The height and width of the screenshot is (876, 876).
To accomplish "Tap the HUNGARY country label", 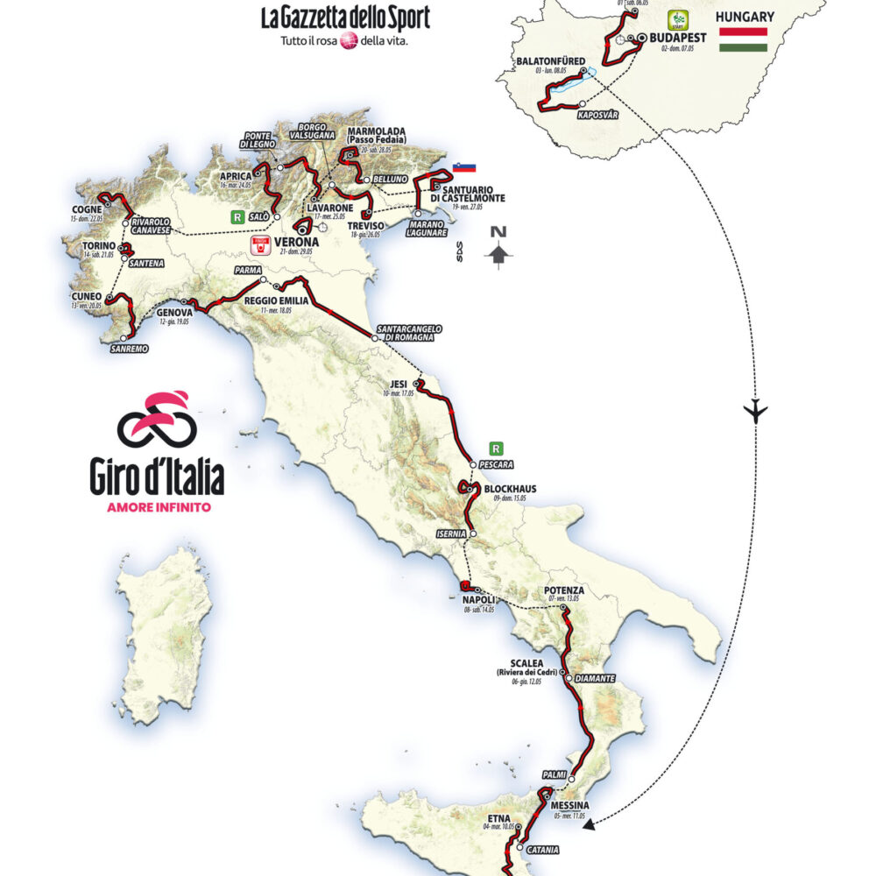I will pos(744,17).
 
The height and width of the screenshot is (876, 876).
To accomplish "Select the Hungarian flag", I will pos(743,39).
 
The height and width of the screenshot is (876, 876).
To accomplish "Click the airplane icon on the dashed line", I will pos(755,410).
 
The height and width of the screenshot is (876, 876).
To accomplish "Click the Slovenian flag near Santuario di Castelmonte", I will pos(463,167).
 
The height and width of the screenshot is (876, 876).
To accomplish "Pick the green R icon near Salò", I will pos(235,215).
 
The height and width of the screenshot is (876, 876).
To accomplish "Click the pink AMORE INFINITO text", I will pos(157,507).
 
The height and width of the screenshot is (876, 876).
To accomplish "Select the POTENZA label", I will pos(563,590).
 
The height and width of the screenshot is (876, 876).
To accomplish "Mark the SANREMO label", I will pos(129,348).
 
